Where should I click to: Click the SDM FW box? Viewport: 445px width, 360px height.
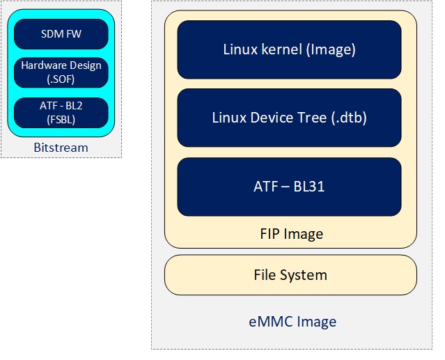(x=61, y=34)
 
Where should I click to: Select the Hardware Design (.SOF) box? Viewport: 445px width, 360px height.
(x=61, y=72)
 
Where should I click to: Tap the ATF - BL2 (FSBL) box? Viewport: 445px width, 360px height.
(x=61, y=112)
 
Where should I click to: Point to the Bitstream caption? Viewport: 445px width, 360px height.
(x=61, y=148)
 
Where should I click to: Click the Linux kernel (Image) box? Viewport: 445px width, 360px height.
(x=289, y=49)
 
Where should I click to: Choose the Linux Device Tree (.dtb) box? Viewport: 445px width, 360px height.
(x=289, y=118)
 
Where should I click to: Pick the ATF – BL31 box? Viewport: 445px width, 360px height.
(x=289, y=186)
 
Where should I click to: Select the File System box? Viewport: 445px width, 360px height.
(x=290, y=274)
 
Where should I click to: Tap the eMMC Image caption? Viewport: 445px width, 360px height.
(x=292, y=322)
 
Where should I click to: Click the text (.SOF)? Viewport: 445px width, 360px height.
(x=61, y=79)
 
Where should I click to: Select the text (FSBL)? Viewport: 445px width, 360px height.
(x=61, y=118)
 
